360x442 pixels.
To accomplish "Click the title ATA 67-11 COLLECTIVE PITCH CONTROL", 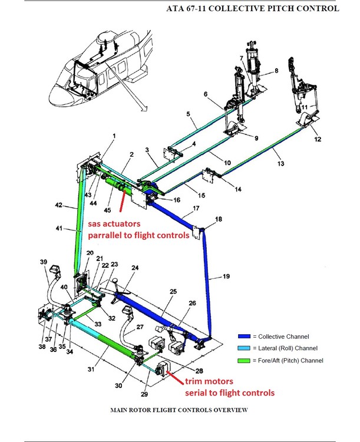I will pyautogui.click(x=253, y=8).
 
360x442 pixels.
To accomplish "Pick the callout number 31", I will pyautogui.click(x=91, y=369).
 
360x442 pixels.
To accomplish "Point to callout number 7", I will pyautogui.click(x=241, y=58).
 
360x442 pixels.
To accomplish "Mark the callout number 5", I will pyautogui.click(x=187, y=114).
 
